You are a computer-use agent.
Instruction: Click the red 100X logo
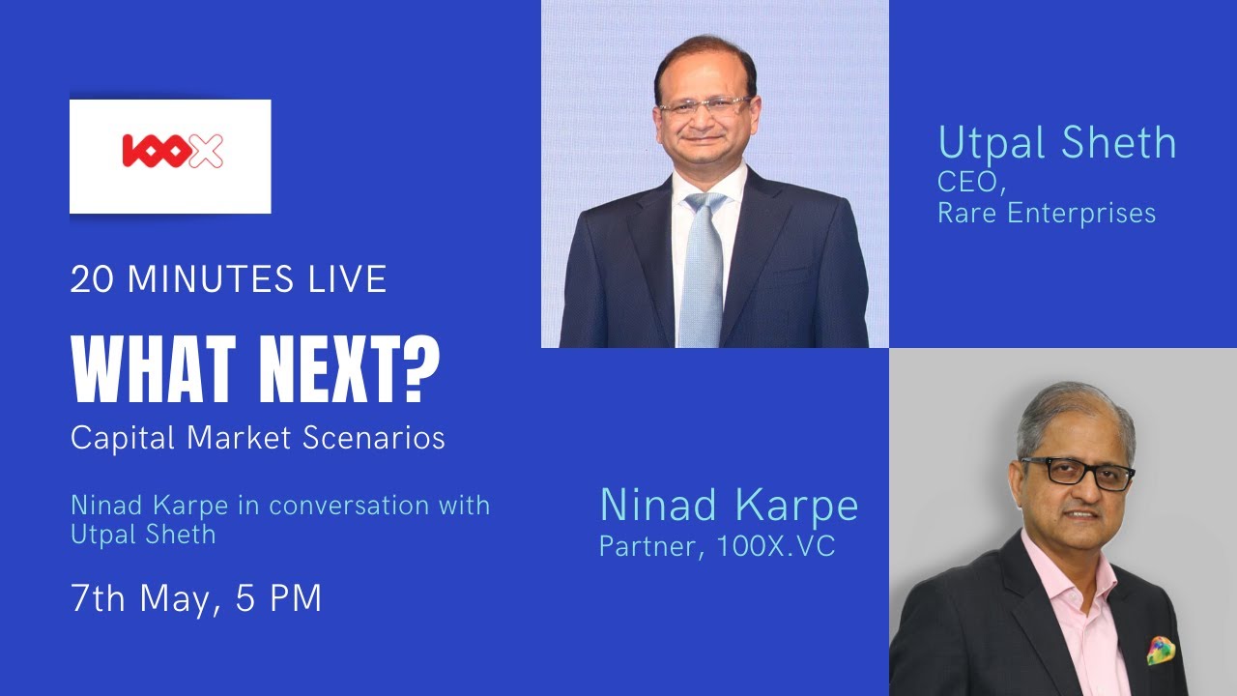[172, 151]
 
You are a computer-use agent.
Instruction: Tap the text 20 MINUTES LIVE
[228, 280]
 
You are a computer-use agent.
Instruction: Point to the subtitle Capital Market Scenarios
[258, 438]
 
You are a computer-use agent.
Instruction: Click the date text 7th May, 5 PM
[196, 599]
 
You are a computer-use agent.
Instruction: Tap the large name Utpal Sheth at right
[1057, 143]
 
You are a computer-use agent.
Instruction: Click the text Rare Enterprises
[1047, 213]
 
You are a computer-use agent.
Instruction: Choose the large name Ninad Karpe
[729, 506]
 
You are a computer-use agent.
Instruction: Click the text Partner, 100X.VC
[717, 547]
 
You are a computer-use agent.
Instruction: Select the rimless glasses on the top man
[705, 104]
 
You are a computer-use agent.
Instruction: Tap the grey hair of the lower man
[1073, 411]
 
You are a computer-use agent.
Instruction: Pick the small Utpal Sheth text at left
[143, 534]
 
